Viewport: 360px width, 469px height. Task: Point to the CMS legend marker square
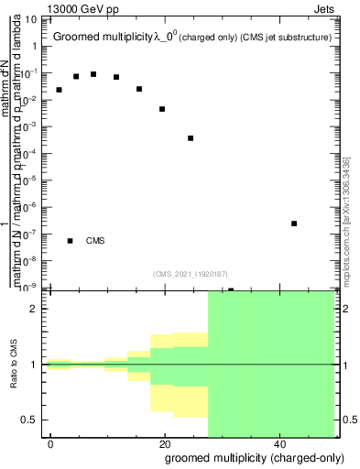(71, 241)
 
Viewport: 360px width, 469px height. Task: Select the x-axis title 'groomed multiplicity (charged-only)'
(250, 457)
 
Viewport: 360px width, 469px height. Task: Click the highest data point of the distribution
(93, 74)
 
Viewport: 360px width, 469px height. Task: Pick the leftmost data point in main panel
(59, 90)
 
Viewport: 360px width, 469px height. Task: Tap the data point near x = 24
(191, 138)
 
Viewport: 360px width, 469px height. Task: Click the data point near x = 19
(162, 109)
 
